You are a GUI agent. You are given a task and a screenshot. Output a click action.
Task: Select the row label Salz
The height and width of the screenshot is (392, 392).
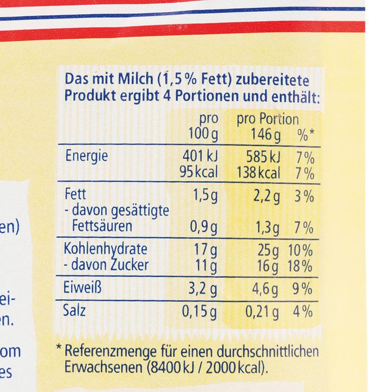click(x=75, y=311)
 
